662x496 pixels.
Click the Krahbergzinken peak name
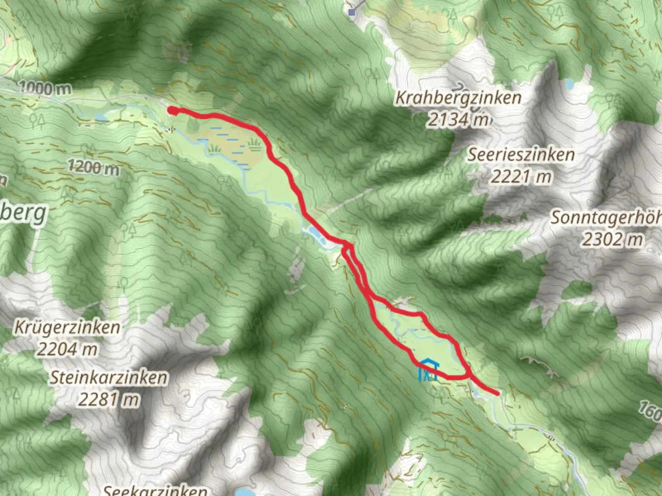[x=458, y=98]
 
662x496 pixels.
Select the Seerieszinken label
[x=521, y=154]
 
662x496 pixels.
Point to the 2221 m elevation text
[x=521, y=176]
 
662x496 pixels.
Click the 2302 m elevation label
[x=613, y=239]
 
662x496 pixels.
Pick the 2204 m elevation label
[x=67, y=349]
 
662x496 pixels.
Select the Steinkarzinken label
[x=108, y=378]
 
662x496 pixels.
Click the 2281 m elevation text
[x=108, y=399]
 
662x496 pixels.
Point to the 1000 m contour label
[x=45, y=88]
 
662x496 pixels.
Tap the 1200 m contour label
[x=93, y=167]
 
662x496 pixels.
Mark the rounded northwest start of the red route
[x=171, y=110]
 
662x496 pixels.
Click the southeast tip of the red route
[x=497, y=393]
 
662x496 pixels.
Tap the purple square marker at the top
[x=352, y=12]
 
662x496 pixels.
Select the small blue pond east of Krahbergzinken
[x=570, y=84]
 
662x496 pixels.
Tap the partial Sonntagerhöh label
[x=606, y=218]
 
